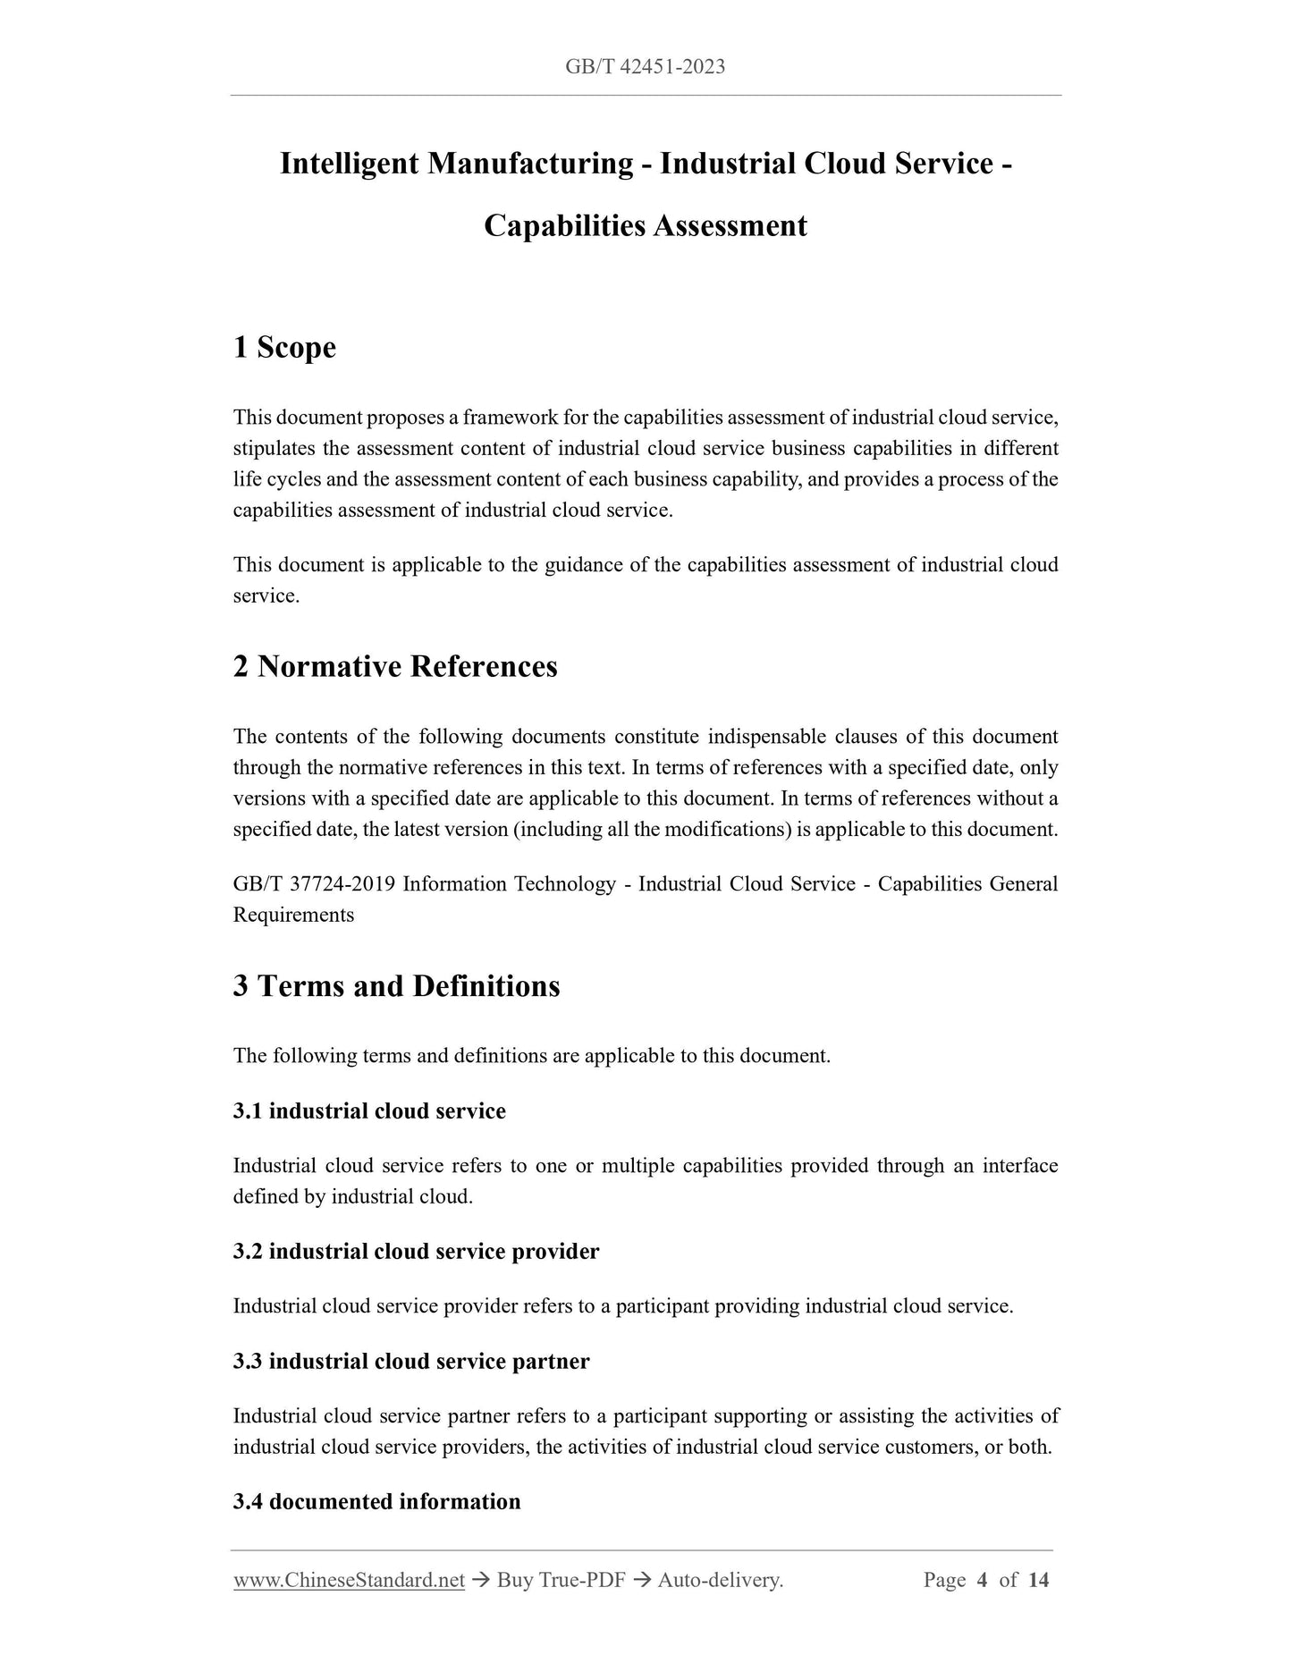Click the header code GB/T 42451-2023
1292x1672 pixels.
tap(645, 66)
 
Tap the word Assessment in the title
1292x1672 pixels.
tap(730, 225)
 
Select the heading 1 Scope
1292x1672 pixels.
tap(284, 347)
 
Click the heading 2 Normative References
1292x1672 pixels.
tap(395, 666)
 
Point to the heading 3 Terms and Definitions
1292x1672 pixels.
tap(396, 985)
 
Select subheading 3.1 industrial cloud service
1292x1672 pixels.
tap(369, 1110)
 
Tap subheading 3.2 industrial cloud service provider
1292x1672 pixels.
tap(416, 1251)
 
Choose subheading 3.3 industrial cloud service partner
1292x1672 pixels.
tap(411, 1361)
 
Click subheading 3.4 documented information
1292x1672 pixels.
tap(376, 1501)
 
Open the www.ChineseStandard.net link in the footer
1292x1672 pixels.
tap(349, 1580)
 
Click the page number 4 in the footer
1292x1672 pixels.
tap(982, 1580)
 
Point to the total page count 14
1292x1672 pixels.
tap(1038, 1580)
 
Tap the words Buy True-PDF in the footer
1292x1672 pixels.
tap(561, 1580)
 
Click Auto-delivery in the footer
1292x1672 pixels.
tap(720, 1580)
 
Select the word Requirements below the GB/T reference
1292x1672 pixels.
tap(293, 915)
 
